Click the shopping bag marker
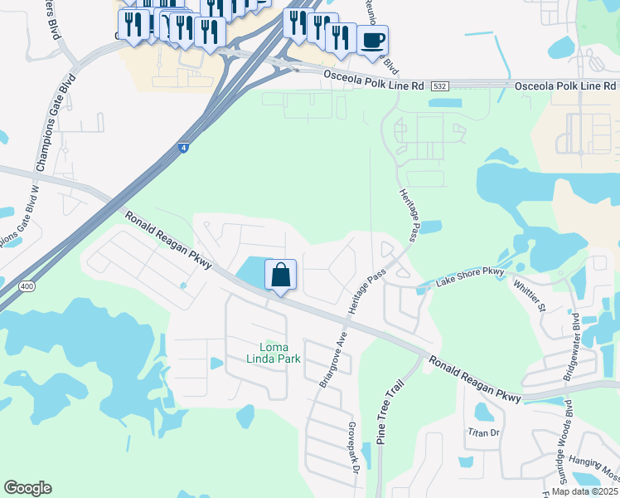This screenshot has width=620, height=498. (x=280, y=275)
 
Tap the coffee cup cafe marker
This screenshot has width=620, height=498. (x=372, y=40)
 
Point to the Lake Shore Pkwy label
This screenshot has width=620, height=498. (x=470, y=277)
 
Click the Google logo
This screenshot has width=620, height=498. (x=27, y=488)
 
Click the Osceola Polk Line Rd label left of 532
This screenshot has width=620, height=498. (x=372, y=85)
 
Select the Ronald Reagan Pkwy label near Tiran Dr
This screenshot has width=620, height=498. (x=474, y=379)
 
